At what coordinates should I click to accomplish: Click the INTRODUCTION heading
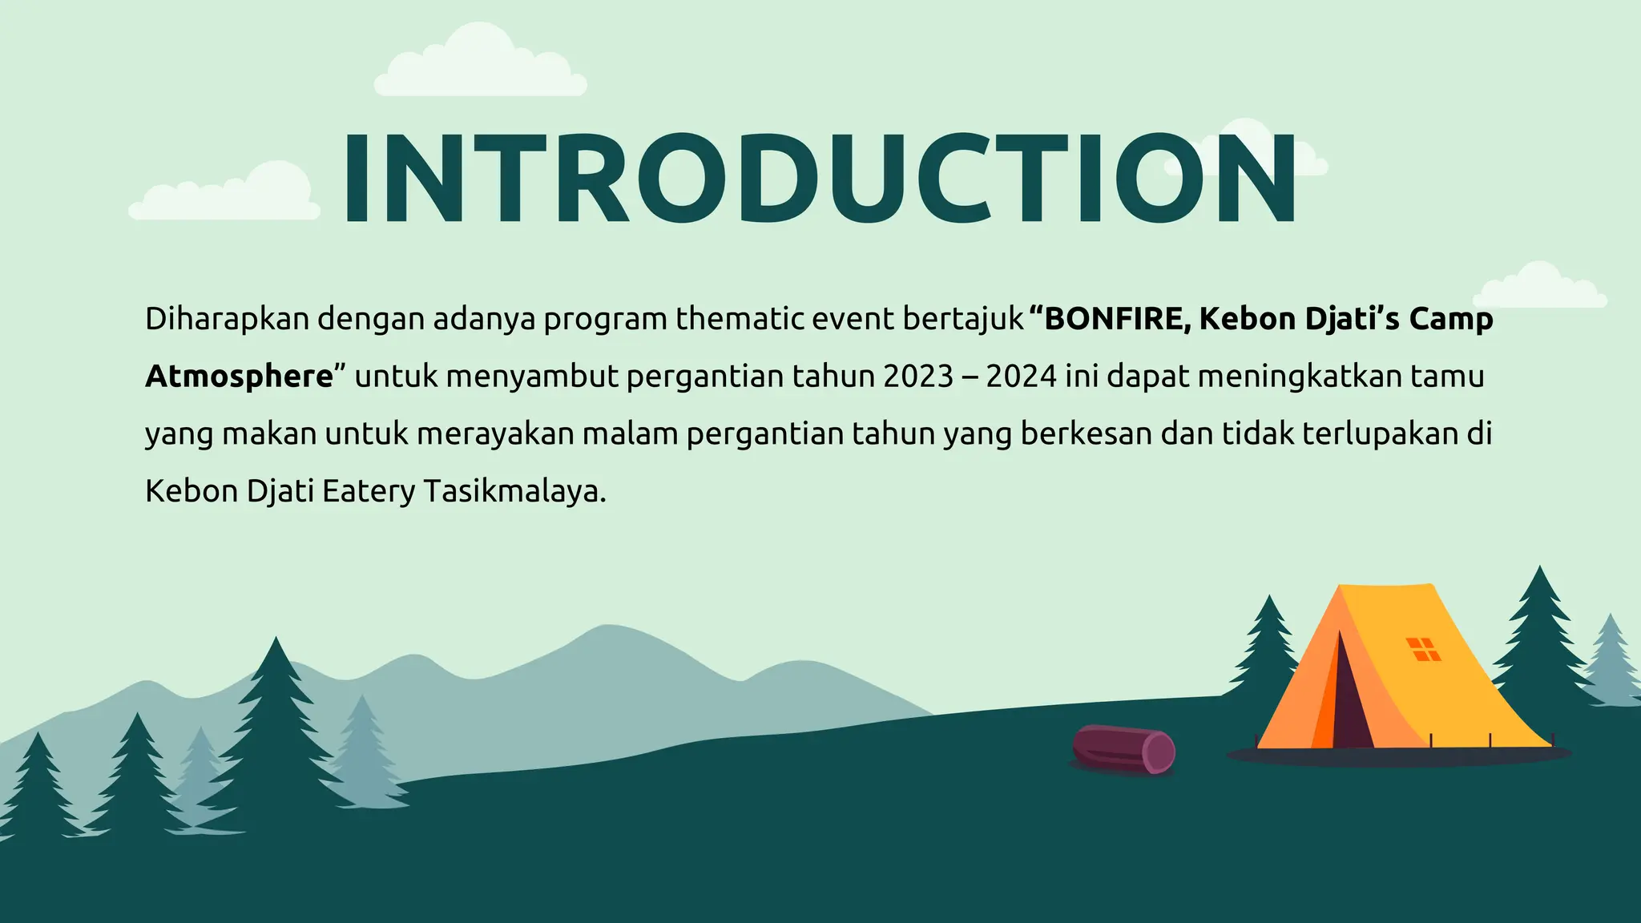(x=819, y=179)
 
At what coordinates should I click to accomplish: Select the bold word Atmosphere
(x=239, y=377)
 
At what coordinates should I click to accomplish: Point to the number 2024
(x=1021, y=377)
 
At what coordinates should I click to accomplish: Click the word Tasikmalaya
(x=514, y=491)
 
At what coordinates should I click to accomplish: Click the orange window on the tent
(x=1423, y=649)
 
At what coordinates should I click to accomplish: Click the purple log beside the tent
(x=1123, y=749)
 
